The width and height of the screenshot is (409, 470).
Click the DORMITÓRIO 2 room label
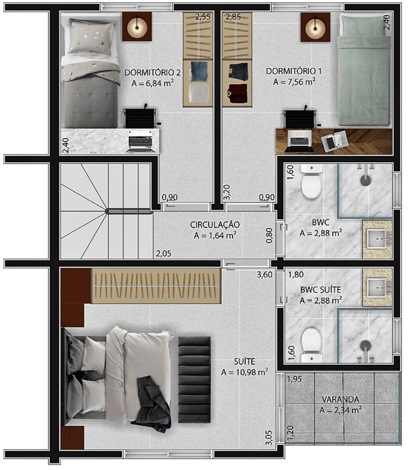[x=152, y=73]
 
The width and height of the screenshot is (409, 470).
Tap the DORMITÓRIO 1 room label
[x=294, y=72]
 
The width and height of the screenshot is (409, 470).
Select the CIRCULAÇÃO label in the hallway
[x=215, y=224]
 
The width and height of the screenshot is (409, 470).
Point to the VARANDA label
[x=340, y=400]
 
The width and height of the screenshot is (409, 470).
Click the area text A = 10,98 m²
[x=244, y=372]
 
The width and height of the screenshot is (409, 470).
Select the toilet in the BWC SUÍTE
[x=312, y=345]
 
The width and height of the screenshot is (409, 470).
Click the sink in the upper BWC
[x=377, y=239]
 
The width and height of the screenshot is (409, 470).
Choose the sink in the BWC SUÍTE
[x=377, y=288]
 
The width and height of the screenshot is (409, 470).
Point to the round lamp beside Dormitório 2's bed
[x=137, y=27]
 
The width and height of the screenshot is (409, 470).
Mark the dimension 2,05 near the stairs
[x=164, y=253]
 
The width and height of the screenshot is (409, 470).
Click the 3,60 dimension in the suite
[x=265, y=274]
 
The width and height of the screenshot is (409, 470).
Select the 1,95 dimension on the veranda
[x=294, y=379]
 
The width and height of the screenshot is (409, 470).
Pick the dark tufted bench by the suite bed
[x=194, y=380]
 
